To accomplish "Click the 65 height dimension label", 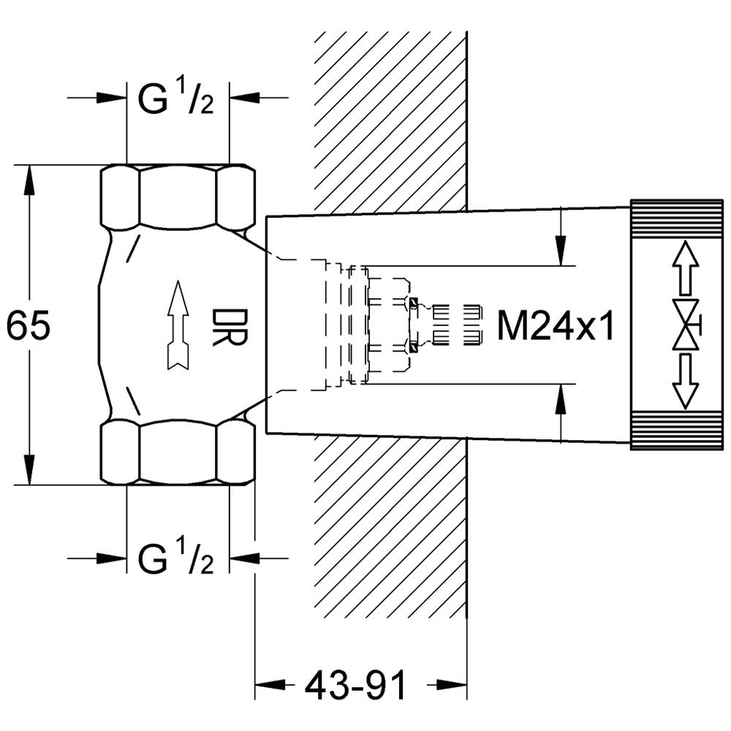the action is pos(28,325).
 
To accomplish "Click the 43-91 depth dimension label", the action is pos(355,686).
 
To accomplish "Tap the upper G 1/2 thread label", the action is pos(176,99).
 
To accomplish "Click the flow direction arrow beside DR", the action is pos(178,325).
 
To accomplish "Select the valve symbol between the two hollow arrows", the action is pos(687,324).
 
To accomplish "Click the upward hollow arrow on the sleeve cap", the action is pos(686,268).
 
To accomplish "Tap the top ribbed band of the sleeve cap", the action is pos(677,219).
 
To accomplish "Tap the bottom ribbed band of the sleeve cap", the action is pos(677,431).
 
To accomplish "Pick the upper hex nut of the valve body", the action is pos(178,197).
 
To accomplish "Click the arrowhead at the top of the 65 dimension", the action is pos(29,179).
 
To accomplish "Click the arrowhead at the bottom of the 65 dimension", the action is pos(29,470).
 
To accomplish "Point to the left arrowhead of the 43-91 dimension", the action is pos(270,685).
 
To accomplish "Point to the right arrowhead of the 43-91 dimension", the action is pos(452,685).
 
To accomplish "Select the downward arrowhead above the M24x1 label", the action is pos(561,251).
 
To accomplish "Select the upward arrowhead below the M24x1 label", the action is pos(561,398).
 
